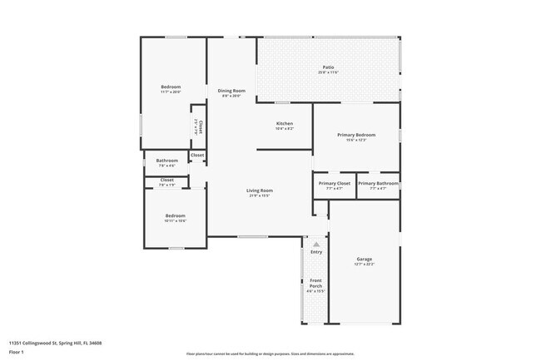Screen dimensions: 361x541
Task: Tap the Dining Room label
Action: point(231,91)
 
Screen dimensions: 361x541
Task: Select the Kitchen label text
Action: point(285,124)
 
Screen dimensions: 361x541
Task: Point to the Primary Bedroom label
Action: point(356,135)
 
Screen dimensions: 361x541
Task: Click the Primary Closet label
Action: point(334,183)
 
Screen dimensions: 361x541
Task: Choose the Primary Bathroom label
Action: point(378,183)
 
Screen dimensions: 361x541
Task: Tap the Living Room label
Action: point(260,190)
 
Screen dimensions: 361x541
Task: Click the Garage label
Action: point(365,259)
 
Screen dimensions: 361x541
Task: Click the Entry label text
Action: point(315,251)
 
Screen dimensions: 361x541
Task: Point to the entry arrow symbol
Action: point(315,244)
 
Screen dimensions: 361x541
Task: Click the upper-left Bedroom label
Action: point(171,87)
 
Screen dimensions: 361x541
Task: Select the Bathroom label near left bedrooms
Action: point(167,161)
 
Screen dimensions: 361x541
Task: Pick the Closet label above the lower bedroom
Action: point(167,180)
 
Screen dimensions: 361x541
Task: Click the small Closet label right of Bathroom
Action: point(197,155)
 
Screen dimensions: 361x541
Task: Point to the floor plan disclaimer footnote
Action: point(270,354)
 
